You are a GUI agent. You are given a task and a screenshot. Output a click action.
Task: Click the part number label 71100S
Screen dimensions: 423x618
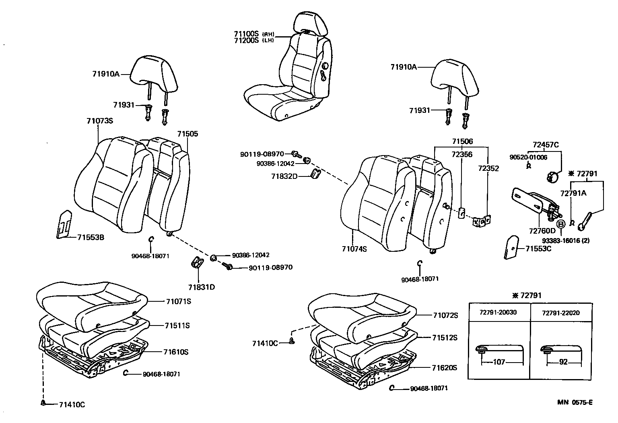(x=246, y=34)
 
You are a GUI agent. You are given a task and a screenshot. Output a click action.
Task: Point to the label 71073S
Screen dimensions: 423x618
(x=99, y=121)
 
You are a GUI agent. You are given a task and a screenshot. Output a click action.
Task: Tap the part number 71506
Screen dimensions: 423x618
(x=462, y=141)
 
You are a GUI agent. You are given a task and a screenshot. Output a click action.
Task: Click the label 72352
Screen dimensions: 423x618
(x=488, y=168)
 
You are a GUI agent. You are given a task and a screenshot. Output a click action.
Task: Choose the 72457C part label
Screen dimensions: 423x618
(x=546, y=145)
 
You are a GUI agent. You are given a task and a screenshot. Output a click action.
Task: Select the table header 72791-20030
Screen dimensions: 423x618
(x=498, y=313)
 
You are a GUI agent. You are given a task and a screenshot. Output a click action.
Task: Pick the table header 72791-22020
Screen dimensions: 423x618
(x=560, y=313)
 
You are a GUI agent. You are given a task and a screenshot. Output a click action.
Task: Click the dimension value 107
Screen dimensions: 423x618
(x=499, y=362)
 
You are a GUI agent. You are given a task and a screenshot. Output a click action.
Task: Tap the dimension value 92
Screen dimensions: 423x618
(x=563, y=362)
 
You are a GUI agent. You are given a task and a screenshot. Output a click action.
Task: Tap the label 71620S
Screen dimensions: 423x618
(x=445, y=368)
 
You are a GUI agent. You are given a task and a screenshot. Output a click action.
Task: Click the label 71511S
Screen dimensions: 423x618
(x=177, y=326)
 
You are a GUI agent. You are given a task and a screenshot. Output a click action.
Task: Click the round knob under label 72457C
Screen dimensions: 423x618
(x=552, y=177)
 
